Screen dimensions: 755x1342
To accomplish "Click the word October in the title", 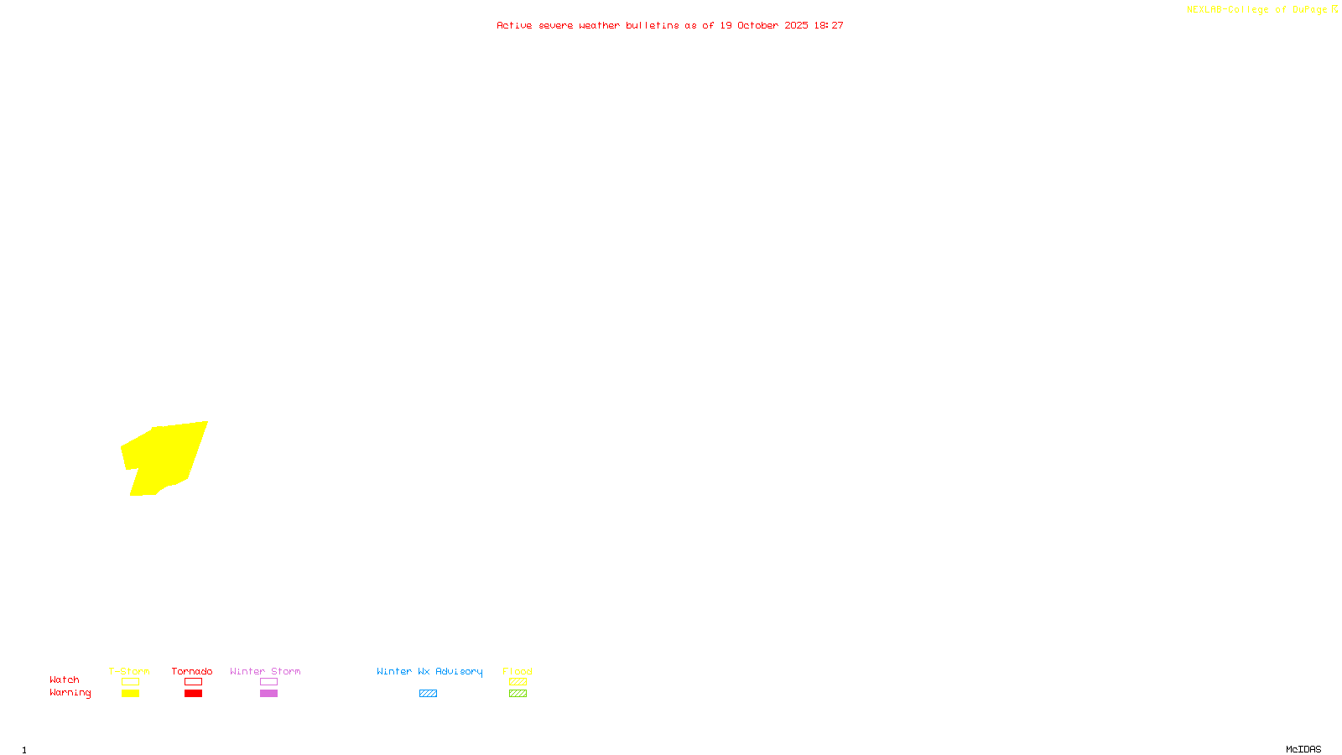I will click(757, 25).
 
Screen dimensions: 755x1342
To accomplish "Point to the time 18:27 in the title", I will click(829, 25).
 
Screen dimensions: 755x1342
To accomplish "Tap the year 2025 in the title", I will click(796, 25).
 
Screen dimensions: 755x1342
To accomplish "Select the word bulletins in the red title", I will click(653, 25).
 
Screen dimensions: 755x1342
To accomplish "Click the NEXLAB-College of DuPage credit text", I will click(1256, 9).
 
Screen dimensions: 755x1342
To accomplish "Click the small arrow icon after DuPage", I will click(1334, 9).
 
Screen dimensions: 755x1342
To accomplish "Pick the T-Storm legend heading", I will click(129, 671).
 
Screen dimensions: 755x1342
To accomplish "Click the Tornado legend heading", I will click(192, 671).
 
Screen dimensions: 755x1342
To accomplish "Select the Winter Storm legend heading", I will click(265, 671).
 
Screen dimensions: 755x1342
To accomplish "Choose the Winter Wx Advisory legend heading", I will click(429, 671).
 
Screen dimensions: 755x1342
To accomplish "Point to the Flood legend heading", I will click(518, 671).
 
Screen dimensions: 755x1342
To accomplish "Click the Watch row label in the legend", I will click(65, 679).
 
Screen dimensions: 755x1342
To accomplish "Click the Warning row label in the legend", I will click(70, 693).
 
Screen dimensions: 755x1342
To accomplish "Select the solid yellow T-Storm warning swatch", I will click(130, 694).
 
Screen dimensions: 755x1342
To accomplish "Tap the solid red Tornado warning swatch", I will click(193, 694).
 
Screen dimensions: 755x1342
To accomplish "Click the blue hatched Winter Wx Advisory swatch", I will click(428, 694).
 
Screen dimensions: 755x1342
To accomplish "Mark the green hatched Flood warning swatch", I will click(518, 694).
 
